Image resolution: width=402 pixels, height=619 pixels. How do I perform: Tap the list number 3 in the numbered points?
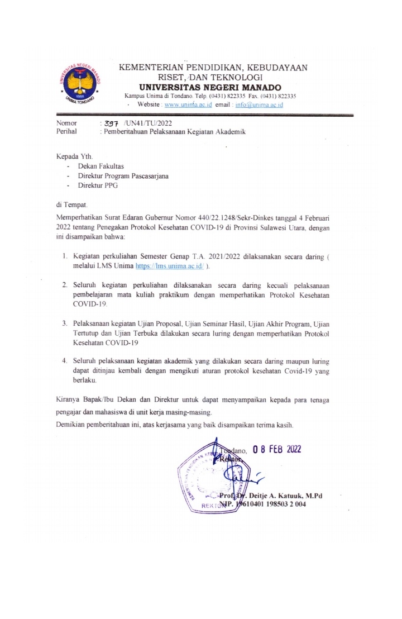pyautogui.click(x=65, y=323)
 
